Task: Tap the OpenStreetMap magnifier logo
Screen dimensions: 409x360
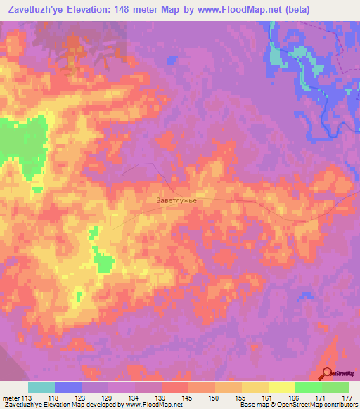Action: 328,373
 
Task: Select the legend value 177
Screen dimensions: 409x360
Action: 347,398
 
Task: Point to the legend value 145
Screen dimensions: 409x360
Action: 188,398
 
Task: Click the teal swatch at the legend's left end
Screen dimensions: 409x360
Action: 41,387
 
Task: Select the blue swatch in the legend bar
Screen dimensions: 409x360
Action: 68,387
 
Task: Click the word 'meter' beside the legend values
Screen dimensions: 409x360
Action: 11,398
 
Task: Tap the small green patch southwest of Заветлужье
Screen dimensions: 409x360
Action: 105,264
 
